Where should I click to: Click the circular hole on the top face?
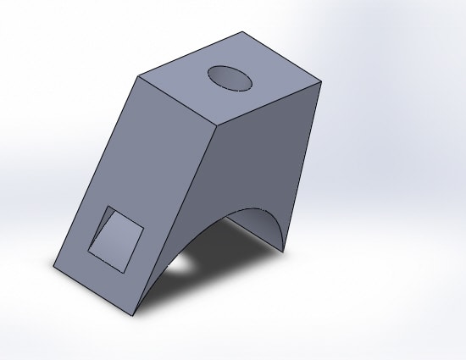point(230,77)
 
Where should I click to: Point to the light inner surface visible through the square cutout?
point(119,243)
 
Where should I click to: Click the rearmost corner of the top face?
point(243,32)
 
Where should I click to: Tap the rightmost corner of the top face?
point(322,82)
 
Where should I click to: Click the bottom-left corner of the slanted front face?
point(52,269)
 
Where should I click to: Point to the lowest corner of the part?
point(132,316)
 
